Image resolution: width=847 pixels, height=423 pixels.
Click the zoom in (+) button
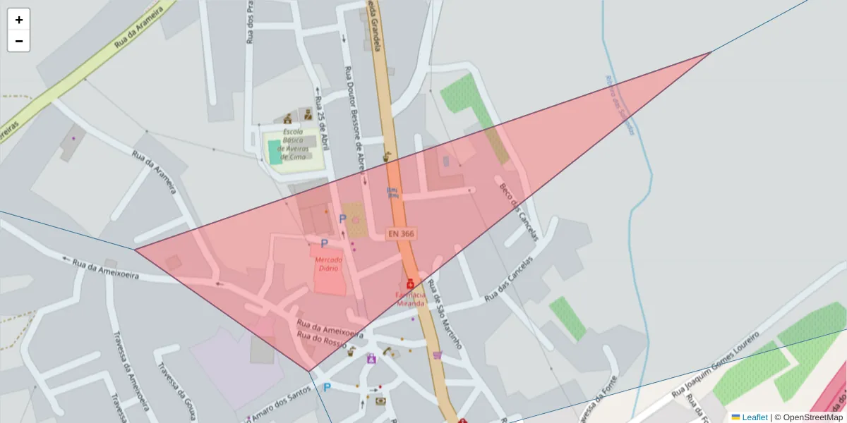[19, 20]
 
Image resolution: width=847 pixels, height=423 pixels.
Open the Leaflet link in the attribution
[754, 417]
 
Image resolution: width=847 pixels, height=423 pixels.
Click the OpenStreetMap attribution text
[813, 417]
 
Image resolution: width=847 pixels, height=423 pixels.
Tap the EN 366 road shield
[400, 233]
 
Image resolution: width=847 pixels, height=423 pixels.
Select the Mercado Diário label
[328, 264]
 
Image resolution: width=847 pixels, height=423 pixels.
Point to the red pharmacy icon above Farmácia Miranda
[410, 283]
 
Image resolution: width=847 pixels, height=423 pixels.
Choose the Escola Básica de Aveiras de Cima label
[294, 144]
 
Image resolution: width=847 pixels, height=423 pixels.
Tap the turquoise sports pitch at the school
[275, 152]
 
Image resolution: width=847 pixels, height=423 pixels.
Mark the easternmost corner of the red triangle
[711, 52]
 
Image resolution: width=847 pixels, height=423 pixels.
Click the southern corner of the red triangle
[308, 371]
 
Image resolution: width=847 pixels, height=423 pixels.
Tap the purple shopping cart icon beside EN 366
[438, 355]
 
